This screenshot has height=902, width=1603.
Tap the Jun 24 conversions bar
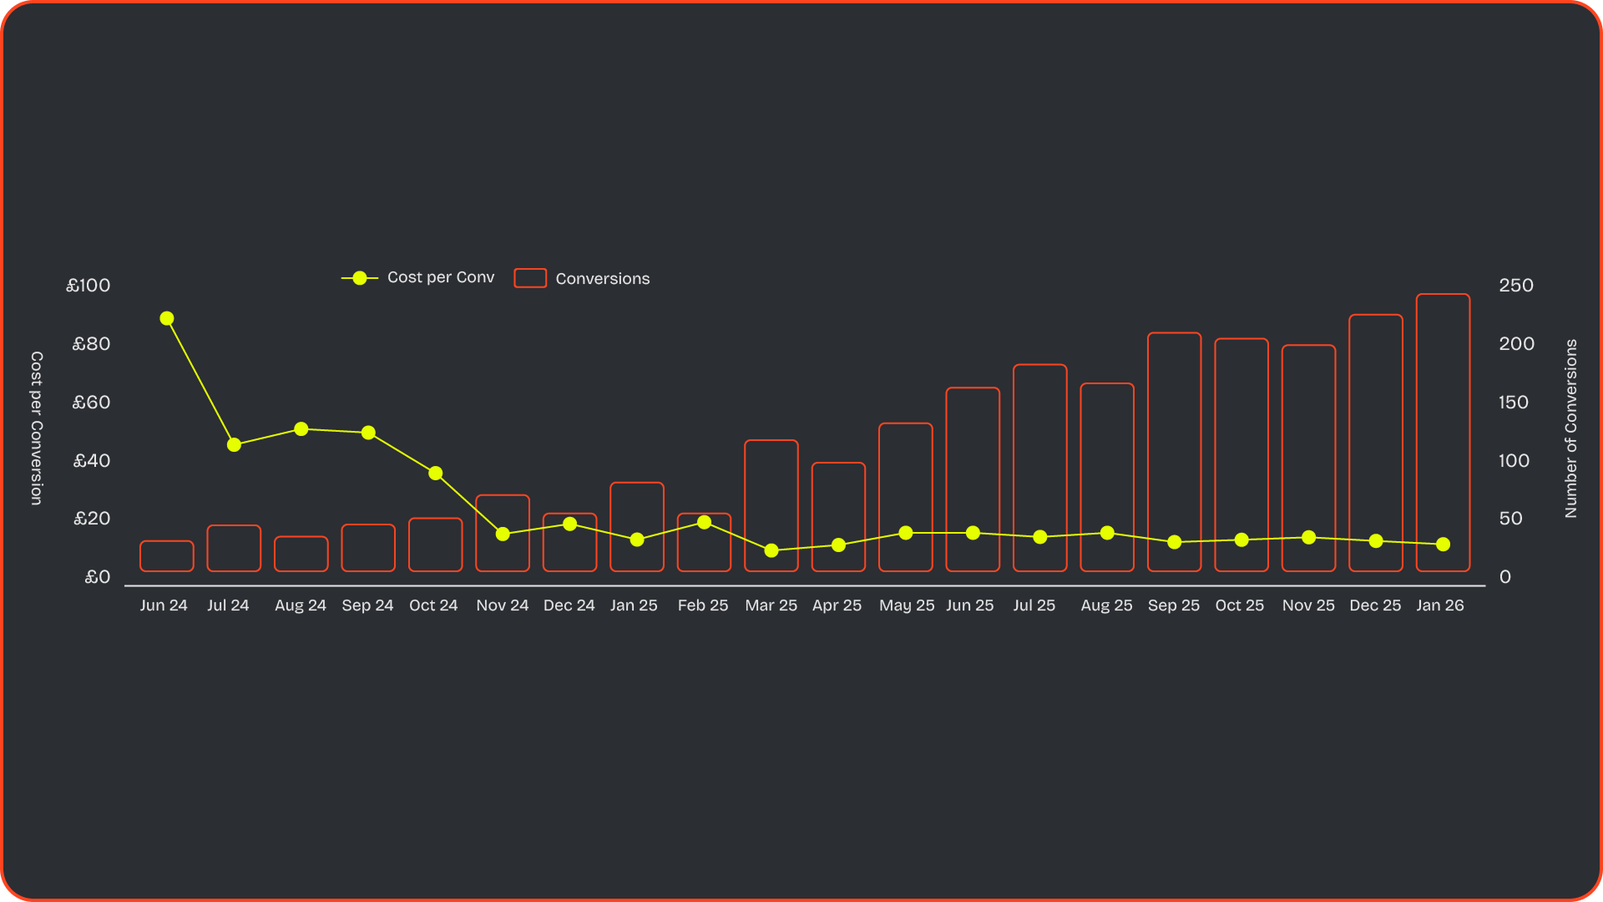(x=167, y=556)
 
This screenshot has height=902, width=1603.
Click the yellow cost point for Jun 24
(x=167, y=318)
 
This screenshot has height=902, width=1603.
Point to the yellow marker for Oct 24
(x=435, y=474)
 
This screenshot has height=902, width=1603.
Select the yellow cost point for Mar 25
(x=771, y=550)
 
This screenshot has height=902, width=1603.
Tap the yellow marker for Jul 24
(x=234, y=445)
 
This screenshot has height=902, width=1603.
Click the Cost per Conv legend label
(x=441, y=277)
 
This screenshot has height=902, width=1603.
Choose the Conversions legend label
(x=602, y=279)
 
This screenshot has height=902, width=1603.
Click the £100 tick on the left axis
(x=88, y=286)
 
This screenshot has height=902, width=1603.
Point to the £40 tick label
(x=92, y=461)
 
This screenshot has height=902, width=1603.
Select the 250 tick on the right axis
(x=1515, y=286)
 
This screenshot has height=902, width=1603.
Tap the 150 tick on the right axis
(x=1513, y=403)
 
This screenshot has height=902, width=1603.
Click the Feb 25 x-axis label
(x=703, y=606)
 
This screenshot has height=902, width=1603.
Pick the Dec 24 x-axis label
(x=569, y=606)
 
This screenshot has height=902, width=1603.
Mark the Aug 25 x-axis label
(x=1106, y=606)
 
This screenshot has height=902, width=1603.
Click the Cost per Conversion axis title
(x=37, y=428)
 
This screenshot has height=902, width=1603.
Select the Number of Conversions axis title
(x=1570, y=428)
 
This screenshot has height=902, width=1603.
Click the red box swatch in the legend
(x=530, y=278)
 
